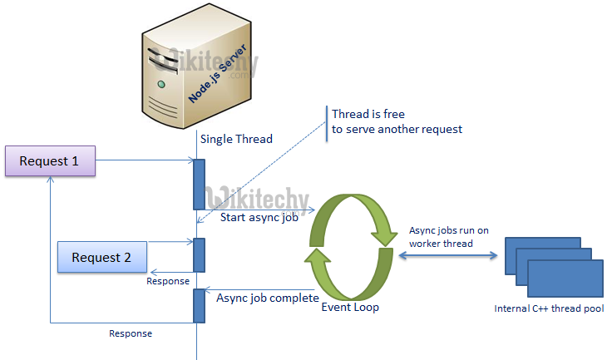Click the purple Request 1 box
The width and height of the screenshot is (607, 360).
[50, 160]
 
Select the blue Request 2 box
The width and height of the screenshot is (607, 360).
[101, 257]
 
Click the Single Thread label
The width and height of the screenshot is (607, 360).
[236, 139]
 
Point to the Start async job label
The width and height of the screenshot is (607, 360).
[259, 219]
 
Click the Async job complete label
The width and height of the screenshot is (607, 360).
[267, 297]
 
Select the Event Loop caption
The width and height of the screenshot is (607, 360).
[350, 307]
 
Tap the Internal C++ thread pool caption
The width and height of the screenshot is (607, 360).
[550, 308]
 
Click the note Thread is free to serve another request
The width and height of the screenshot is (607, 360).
[396, 121]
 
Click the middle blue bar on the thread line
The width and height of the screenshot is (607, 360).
[199, 254]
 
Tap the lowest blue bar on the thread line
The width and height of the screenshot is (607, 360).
[199, 305]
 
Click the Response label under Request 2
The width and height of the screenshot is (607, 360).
[168, 280]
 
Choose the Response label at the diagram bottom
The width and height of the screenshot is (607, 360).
[131, 333]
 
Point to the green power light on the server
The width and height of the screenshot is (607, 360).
[160, 84]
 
